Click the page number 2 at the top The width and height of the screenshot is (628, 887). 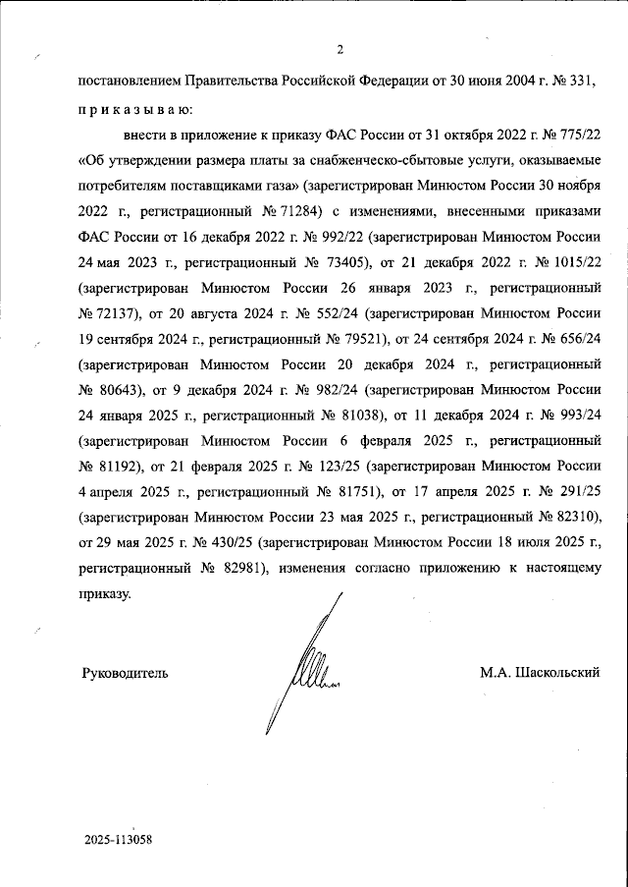[x=339, y=51]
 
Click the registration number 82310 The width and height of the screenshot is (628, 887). [x=568, y=515]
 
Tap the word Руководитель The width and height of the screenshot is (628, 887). [x=124, y=673]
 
